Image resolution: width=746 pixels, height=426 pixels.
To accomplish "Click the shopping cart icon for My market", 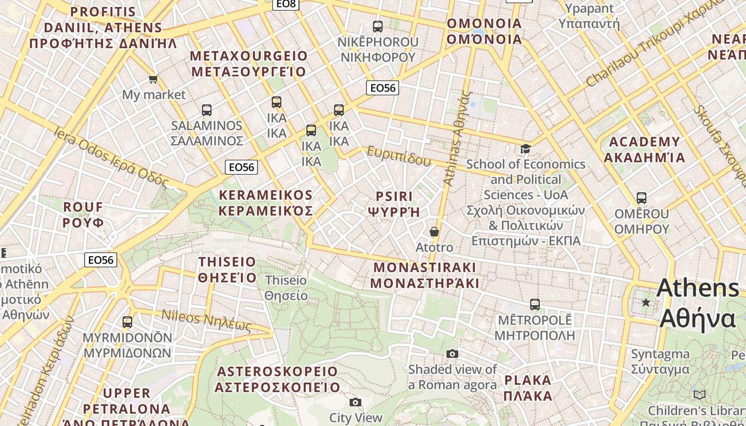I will click(x=153, y=79).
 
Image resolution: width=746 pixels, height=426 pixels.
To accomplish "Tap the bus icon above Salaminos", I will click(x=207, y=110).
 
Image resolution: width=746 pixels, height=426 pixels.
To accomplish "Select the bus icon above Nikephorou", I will click(x=378, y=26).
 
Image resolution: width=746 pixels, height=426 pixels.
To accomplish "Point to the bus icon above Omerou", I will click(x=642, y=198).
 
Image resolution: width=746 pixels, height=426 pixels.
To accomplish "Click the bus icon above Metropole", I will click(x=535, y=305).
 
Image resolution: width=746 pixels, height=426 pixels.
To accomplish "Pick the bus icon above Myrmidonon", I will click(x=127, y=322).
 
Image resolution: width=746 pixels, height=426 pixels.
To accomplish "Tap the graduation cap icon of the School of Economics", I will click(x=526, y=149).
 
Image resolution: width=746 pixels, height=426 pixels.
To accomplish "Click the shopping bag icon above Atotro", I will click(x=434, y=232).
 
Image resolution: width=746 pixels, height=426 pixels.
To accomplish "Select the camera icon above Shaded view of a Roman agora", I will click(x=452, y=354).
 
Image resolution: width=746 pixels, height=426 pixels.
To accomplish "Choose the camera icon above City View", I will click(x=355, y=403).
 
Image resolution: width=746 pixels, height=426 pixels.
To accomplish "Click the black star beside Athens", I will click(x=646, y=302).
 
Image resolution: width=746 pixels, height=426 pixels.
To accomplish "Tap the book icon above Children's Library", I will click(x=700, y=395).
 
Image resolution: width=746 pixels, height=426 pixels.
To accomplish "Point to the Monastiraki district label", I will click(x=425, y=275).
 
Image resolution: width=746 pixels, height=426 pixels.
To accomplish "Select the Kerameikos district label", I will click(x=266, y=202).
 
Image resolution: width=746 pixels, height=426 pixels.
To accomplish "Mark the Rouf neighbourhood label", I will click(x=83, y=215).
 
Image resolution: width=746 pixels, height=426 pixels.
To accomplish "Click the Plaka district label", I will click(x=528, y=388).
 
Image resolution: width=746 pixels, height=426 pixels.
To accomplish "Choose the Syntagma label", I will click(x=660, y=362).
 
